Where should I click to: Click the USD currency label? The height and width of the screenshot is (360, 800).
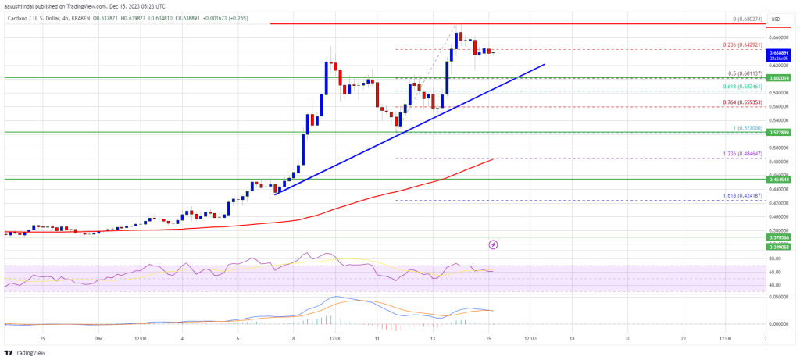[x=776, y=19]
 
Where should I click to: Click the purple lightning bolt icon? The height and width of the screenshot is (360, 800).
[x=493, y=244]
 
